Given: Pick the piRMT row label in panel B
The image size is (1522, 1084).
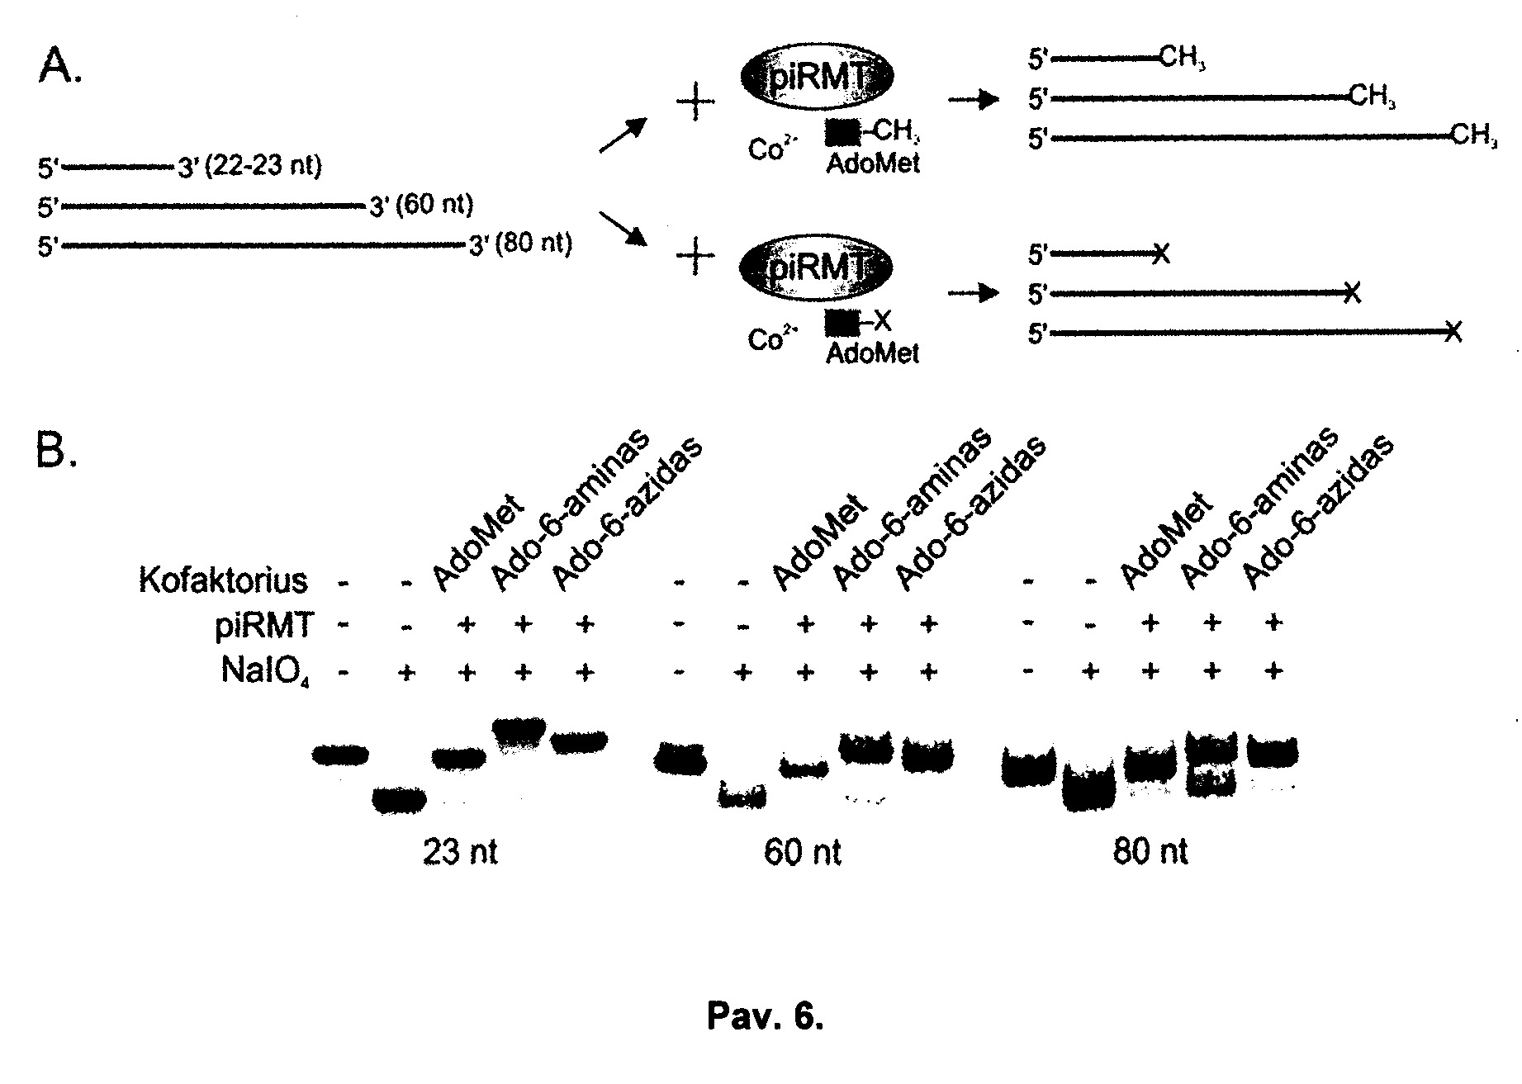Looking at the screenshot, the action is coord(263,627).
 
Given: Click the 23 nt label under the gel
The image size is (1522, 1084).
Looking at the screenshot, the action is coord(460,852).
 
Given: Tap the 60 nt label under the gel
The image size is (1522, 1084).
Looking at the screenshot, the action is coord(803,852).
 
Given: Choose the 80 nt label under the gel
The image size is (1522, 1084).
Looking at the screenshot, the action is coord(1150,852).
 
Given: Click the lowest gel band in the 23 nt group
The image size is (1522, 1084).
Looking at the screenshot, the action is coord(400,800).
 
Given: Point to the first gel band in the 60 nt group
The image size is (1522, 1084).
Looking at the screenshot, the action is coord(680,758).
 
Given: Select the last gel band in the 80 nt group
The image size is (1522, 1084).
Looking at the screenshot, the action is coord(1272,752).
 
